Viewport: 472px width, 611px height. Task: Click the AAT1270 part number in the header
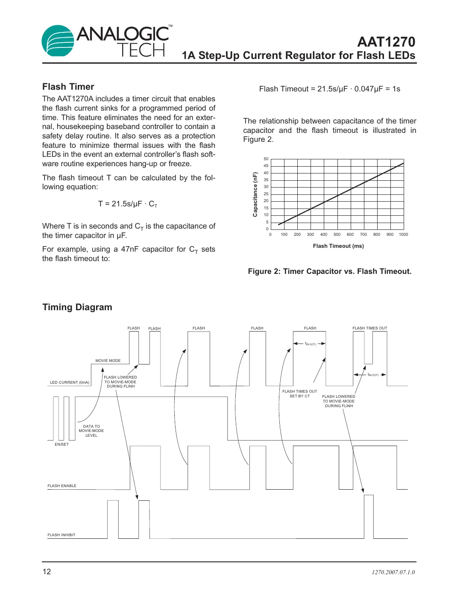point(386,42)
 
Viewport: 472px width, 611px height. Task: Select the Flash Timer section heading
point(68,87)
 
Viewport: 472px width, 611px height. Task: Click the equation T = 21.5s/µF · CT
point(128,204)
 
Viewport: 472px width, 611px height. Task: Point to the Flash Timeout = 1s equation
point(329,89)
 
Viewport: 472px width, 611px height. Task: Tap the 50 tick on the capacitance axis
point(266,159)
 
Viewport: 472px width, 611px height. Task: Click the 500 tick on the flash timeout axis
point(337,235)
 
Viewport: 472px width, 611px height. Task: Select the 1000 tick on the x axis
point(403,235)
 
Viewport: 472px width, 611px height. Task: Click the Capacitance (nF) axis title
point(255,194)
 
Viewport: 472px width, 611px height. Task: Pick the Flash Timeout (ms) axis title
point(338,246)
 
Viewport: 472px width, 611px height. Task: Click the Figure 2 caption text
point(329,271)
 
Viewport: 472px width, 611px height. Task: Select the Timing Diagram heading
point(77,307)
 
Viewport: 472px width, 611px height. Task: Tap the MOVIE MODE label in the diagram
point(108,361)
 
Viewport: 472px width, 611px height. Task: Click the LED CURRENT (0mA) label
point(70,382)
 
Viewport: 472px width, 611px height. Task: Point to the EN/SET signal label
point(62,444)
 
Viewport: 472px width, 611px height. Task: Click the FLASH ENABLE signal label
point(62,486)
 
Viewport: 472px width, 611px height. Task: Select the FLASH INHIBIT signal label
point(62,535)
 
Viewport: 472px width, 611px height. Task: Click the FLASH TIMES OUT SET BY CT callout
point(299,394)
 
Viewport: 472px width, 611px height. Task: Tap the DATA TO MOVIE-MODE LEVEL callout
point(91,431)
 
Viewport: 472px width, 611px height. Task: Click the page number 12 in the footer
point(47,572)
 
